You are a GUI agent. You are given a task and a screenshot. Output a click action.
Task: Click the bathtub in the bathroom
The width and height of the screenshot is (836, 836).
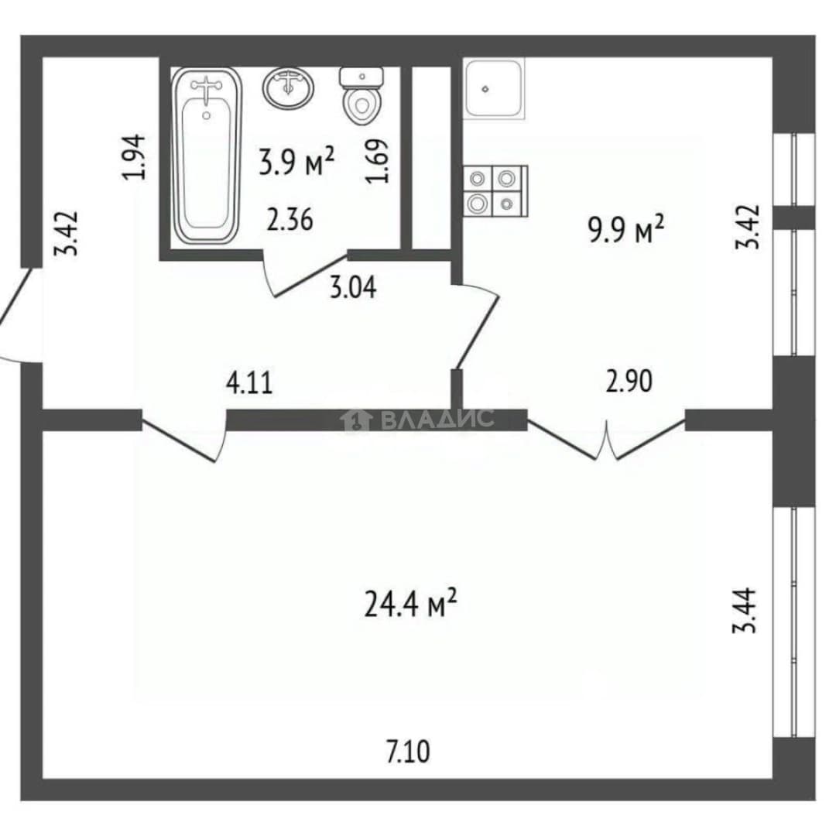click(207, 156)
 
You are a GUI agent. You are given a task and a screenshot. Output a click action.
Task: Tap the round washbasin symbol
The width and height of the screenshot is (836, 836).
click(288, 88)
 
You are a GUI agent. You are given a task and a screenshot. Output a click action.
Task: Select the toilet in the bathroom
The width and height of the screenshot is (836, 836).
click(361, 96)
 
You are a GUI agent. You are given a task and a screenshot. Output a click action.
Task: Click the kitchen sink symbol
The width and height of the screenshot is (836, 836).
click(494, 88)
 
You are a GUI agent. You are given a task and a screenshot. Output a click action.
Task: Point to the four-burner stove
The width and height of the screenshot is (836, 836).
click(495, 191)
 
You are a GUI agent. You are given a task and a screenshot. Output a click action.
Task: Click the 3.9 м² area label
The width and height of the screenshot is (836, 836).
click(296, 160)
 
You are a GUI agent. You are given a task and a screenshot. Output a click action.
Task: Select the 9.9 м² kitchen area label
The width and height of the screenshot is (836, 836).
click(626, 229)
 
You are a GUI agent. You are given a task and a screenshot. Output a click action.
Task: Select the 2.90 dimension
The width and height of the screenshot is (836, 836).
click(629, 381)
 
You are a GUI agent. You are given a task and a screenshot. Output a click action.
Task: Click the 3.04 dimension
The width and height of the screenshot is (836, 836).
click(353, 287)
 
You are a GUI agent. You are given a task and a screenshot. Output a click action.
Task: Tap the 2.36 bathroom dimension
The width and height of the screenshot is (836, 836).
click(290, 220)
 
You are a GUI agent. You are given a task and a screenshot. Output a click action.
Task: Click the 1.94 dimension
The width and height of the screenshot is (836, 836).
click(134, 156)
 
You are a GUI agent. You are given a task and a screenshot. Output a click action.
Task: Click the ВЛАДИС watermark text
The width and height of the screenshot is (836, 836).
click(437, 419)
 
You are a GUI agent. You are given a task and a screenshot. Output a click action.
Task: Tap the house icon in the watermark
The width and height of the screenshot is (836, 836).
click(356, 420)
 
